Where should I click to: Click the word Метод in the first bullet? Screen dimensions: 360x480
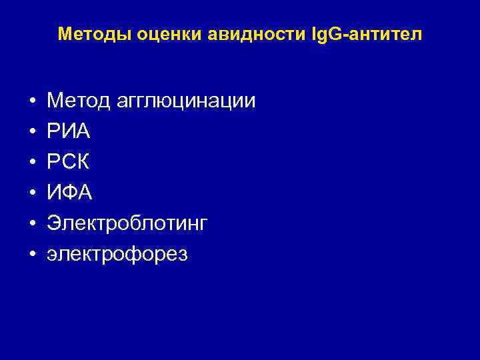coord(74,101)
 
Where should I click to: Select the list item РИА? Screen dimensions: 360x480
coord(68,132)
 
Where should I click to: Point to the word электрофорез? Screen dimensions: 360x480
coord(117,255)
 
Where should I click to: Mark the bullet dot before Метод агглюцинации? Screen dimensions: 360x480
coord(32,102)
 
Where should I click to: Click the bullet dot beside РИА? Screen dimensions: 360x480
coord(32,133)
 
